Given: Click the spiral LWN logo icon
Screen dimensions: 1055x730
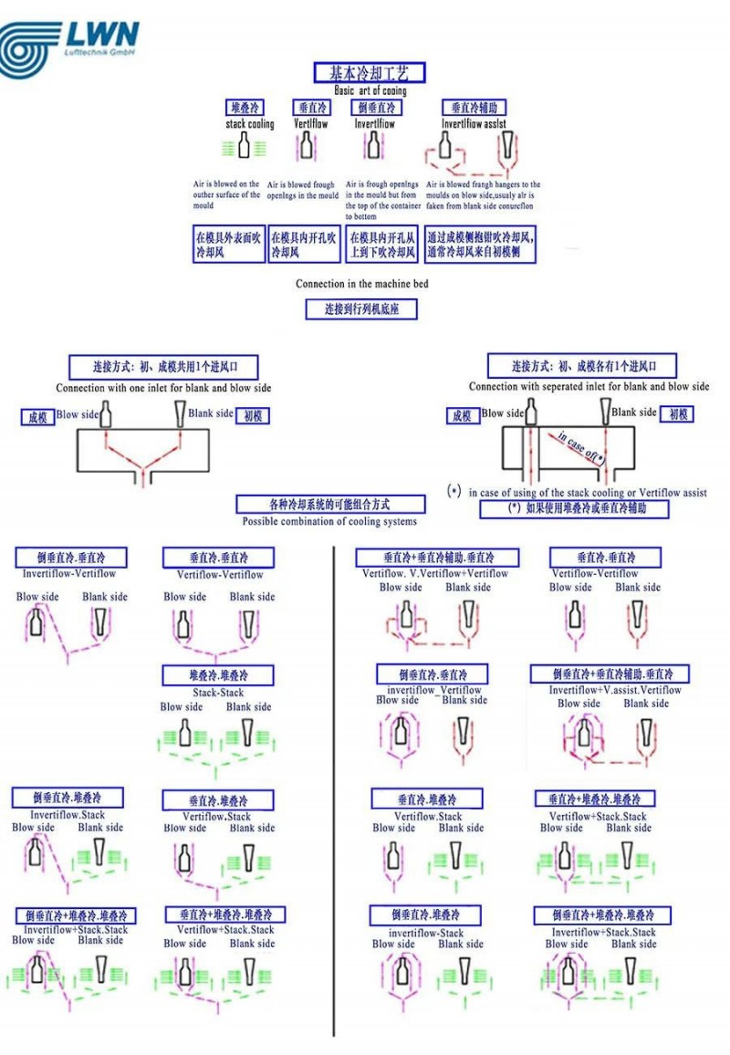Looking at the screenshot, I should point(30,47).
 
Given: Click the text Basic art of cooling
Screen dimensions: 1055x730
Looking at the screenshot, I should point(364,91).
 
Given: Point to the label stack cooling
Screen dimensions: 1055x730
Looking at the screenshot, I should point(249,124).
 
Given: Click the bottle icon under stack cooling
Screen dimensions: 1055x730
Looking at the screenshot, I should point(244,145).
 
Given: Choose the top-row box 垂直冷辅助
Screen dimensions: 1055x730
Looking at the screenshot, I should point(474,108).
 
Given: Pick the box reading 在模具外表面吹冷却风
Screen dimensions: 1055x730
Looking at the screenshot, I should point(228,245).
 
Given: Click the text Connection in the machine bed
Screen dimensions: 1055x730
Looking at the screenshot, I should point(361,284).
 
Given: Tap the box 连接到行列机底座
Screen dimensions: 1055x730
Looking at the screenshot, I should point(361,309).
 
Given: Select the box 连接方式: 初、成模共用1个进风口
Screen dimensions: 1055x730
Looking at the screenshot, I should point(163,368).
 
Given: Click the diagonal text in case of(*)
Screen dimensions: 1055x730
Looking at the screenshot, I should point(581,447).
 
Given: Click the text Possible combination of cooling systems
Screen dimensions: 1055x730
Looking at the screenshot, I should point(329,522).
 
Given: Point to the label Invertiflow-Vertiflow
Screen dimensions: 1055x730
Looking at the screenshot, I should point(69,574).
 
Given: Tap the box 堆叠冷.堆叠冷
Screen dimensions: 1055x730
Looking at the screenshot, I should point(218,676).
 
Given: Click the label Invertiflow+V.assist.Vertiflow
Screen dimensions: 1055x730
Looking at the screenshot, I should point(615,690).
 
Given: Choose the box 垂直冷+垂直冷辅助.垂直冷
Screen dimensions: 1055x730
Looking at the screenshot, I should point(438,558).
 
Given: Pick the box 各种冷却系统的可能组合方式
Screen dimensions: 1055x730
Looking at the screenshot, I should point(330,504).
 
